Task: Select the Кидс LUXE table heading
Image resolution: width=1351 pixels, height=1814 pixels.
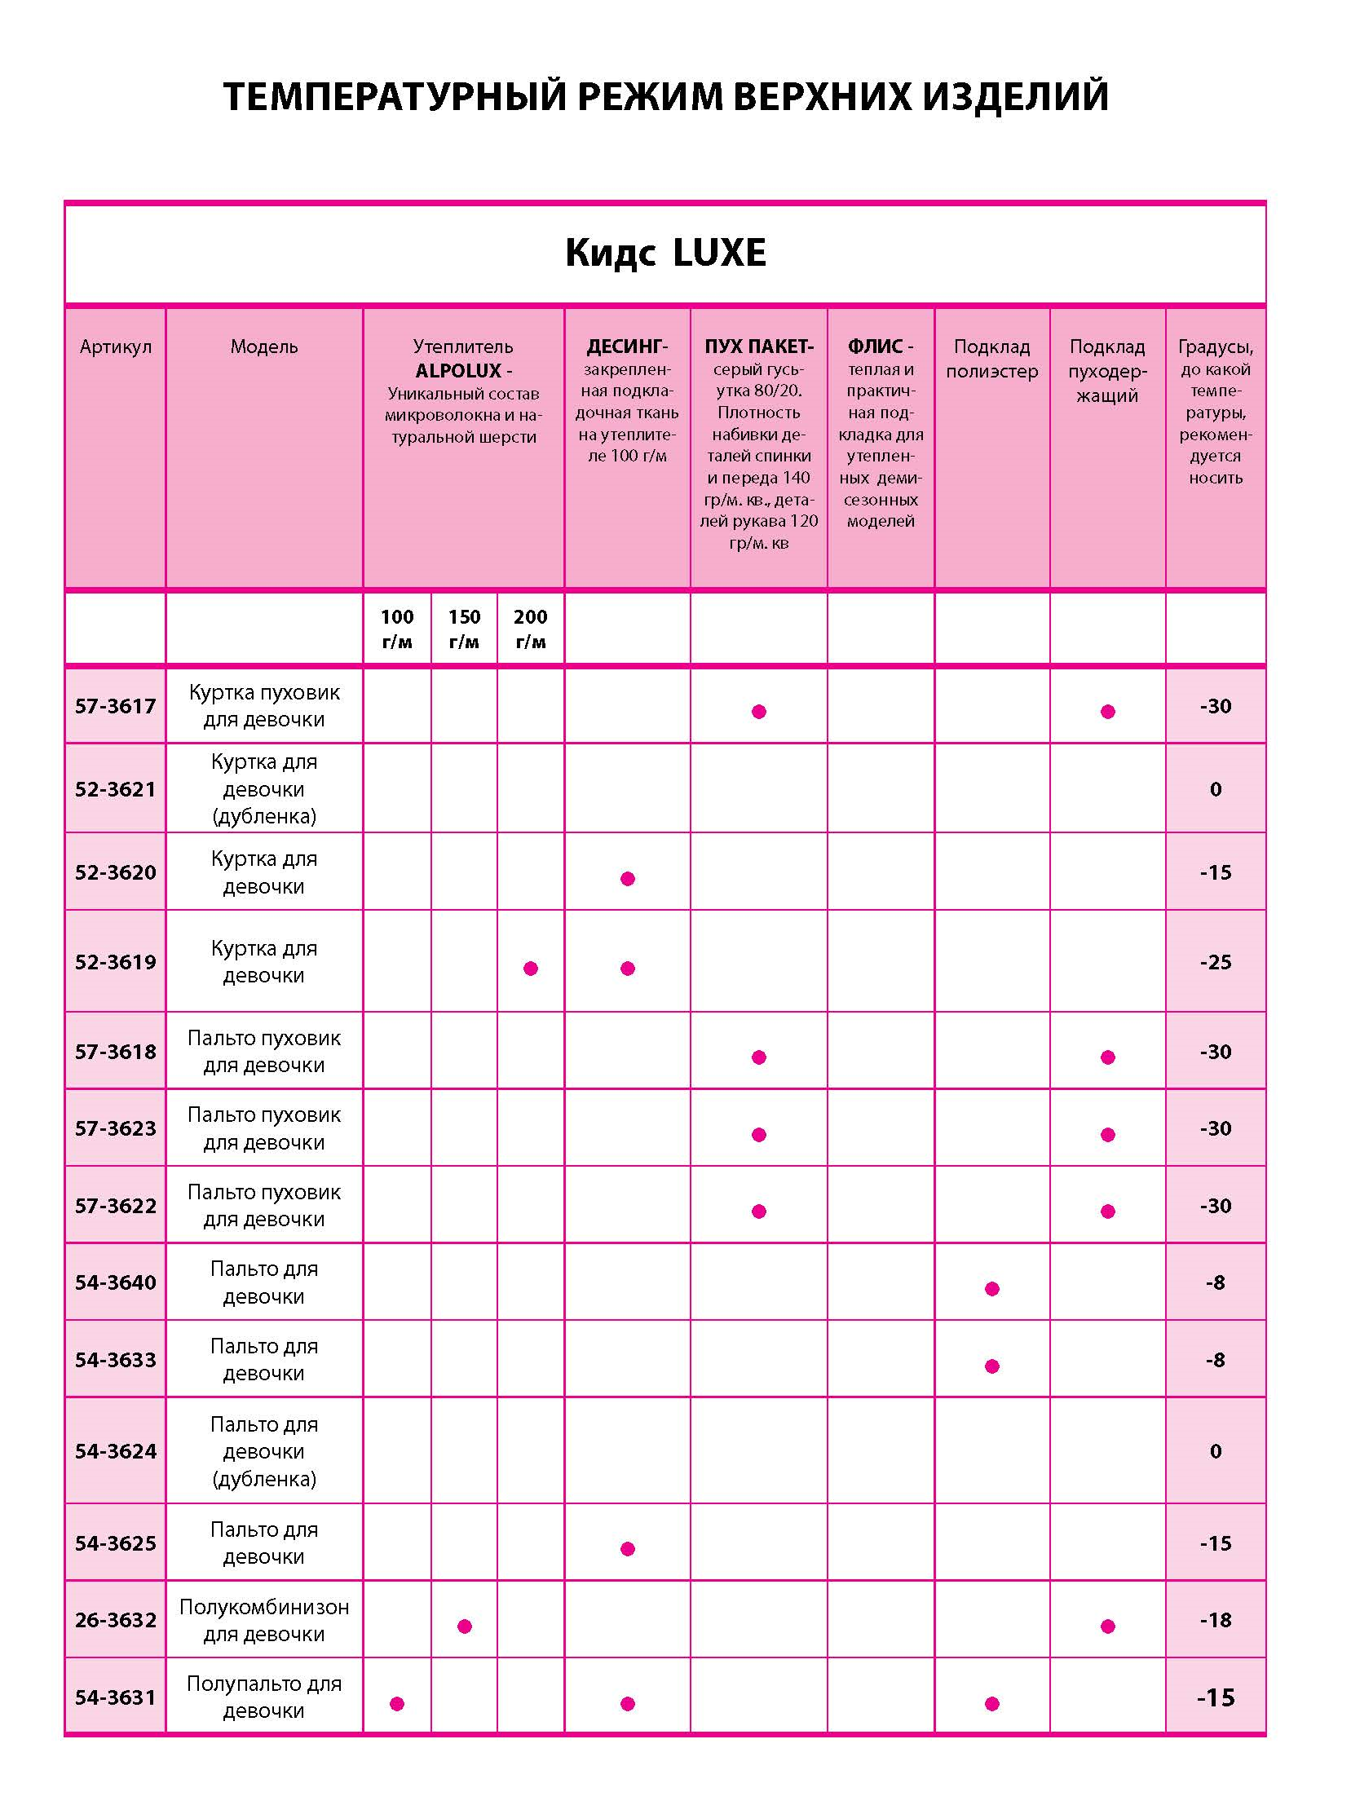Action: tap(664, 253)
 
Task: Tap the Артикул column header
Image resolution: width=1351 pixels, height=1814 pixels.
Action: tap(115, 346)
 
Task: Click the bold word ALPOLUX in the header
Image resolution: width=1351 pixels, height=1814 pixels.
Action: tap(457, 370)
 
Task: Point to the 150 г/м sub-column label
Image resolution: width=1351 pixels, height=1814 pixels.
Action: tap(464, 629)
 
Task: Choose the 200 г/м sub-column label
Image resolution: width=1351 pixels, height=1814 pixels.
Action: tap(530, 629)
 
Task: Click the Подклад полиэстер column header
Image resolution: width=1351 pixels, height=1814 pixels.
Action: tap(991, 359)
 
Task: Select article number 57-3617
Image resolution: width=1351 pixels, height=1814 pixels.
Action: tap(115, 706)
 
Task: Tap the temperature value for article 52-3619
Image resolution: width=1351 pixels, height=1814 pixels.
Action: tap(1215, 962)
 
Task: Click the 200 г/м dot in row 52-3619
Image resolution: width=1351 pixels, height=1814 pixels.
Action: tap(531, 969)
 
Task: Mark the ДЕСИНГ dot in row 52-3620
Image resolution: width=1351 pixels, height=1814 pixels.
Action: tap(627, 879)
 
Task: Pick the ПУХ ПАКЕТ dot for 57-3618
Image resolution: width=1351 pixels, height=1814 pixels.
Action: tap(759, 1057)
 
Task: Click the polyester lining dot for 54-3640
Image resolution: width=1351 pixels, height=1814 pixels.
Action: tap(992, 1289)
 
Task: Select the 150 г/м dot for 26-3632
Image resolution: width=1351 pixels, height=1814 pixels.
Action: tap(465, 1626)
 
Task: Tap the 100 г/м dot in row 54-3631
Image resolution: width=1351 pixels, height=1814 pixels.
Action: tap(396, 1704)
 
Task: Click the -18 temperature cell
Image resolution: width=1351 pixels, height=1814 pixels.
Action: tap(1215, 1619)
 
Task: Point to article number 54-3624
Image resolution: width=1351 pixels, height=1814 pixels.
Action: tap(115, 1451)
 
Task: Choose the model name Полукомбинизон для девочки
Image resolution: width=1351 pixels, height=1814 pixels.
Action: tap(264, 1620)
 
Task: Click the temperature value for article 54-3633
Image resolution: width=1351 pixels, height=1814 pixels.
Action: tap(1215, 1359)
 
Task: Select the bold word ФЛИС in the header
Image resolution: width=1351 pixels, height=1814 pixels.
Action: tap(875, 346)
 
